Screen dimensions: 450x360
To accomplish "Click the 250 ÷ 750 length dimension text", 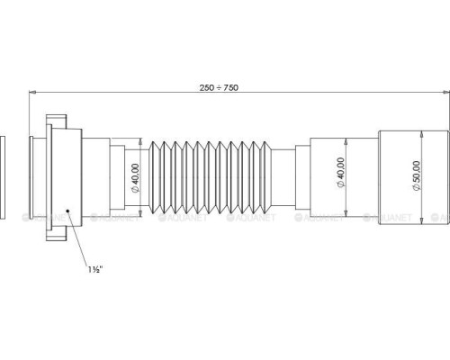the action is tap(219, 87).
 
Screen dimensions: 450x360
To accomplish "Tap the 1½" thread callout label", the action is tap(95, 269).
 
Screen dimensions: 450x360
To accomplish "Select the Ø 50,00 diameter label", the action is tap(416, 175).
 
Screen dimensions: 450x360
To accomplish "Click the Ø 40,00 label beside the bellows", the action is tap(135, 178).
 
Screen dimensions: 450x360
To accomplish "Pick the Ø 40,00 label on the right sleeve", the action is tap(341, 172).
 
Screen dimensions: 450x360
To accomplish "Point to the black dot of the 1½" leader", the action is tap(68, 211).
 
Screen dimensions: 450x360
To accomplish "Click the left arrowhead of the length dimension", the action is tap(32, 93).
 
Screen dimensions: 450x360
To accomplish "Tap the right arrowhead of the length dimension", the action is tap(446, 93).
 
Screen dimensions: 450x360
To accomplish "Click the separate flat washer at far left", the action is tap(3, 177).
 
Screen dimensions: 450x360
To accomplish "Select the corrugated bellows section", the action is tap(210, 177).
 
